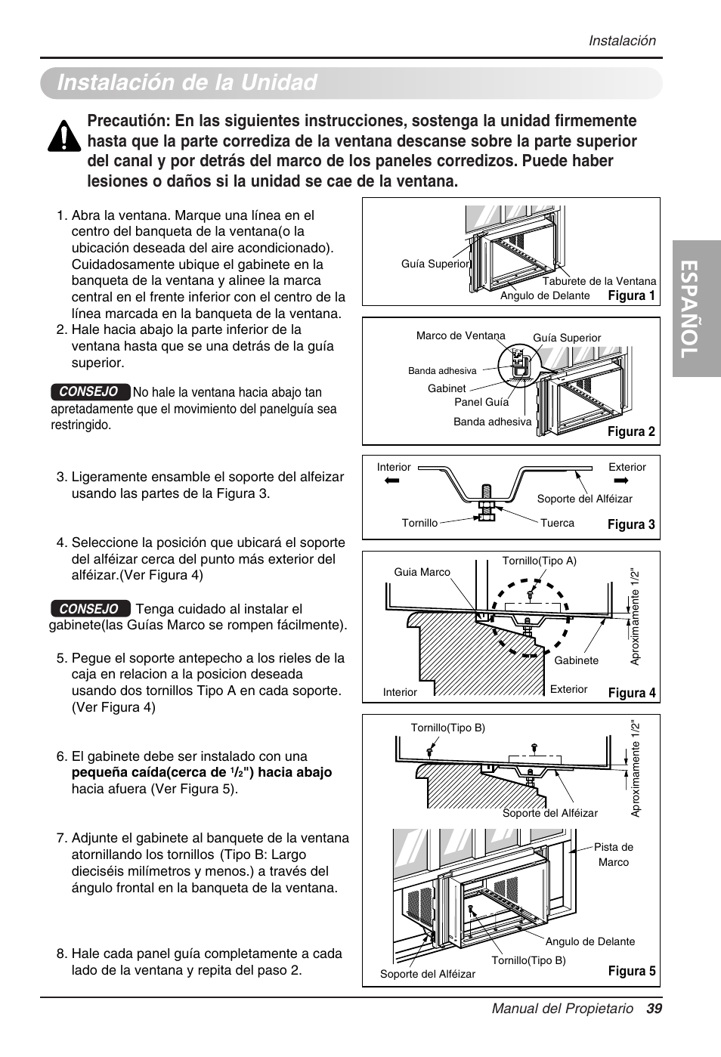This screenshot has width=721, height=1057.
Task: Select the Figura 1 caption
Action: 631,295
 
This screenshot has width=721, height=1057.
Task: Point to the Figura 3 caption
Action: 631,524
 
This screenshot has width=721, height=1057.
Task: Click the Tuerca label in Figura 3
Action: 557,523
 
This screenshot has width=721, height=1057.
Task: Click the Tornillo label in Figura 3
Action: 419,523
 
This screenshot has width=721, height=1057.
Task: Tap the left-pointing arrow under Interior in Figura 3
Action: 390,480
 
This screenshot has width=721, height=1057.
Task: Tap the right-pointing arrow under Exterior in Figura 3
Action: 621,480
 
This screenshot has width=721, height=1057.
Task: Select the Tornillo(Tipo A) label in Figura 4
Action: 539,561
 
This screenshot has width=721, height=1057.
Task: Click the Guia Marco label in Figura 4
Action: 422,572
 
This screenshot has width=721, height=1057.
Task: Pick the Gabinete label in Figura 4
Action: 576,660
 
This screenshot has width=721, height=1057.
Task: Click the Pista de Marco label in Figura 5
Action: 613,855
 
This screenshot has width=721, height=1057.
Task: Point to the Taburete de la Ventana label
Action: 599,281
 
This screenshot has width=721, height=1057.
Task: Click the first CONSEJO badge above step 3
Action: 89,391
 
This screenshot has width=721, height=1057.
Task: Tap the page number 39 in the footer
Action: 654,1009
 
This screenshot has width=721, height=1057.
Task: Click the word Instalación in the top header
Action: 622,41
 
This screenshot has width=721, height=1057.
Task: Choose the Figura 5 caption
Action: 631,971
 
